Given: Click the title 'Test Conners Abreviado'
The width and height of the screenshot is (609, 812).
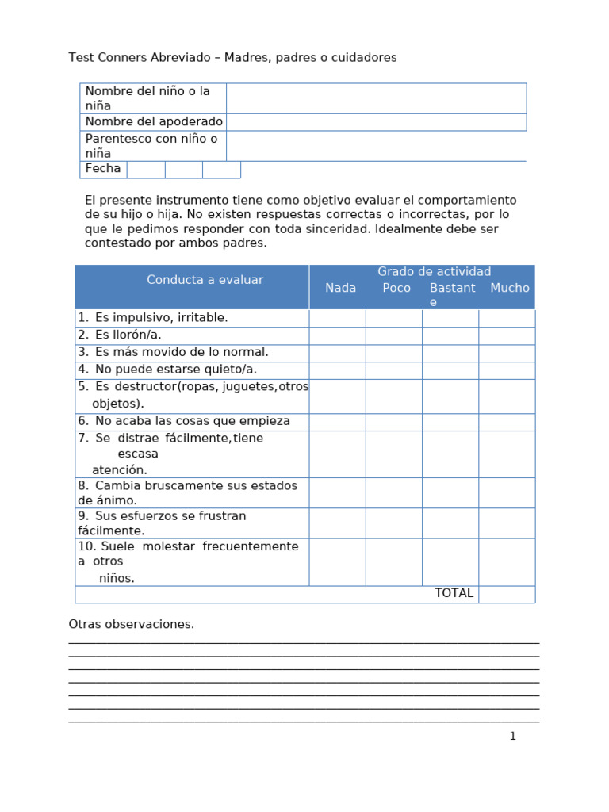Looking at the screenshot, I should click(x=140, y=58).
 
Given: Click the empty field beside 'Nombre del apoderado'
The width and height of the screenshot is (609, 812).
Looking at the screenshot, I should click(x=376, y=122).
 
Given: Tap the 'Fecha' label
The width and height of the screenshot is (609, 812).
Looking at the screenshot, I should click(x=103, y=169).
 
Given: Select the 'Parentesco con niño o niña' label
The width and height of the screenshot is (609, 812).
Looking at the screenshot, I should click(x=151, y=146).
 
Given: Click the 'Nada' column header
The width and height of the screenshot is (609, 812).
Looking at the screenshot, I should click(x=340, y=289).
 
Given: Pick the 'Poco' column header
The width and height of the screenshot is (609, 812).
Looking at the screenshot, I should click(x=396, y=289).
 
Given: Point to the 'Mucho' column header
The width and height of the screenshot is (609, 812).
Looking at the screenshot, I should click(x=509, y=289).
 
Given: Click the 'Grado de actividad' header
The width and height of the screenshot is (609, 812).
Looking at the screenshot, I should click(x=434, y=272).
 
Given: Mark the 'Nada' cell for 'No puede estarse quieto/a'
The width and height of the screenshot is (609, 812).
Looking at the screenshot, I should click(x=337, y=370).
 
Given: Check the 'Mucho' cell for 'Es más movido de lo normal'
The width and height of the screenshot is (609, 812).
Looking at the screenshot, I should click(x=507, y=352).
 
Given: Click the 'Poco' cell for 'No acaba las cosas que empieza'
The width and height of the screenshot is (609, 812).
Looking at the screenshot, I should click(x=393, y=422).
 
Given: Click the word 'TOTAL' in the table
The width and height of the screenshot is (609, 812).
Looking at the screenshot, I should click(x=454, y=593).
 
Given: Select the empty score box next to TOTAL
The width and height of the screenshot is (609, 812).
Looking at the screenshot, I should click(x=507, y=594).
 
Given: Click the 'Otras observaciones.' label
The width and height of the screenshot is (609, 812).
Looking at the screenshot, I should click(x=132, y=624).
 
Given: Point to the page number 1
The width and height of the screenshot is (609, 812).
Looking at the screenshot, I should click(x=512, y=736).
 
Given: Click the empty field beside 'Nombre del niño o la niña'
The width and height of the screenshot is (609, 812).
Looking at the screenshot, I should click(x=376, y=98).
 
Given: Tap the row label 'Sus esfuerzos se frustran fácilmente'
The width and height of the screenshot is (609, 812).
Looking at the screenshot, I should click(x=162, y=523).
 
